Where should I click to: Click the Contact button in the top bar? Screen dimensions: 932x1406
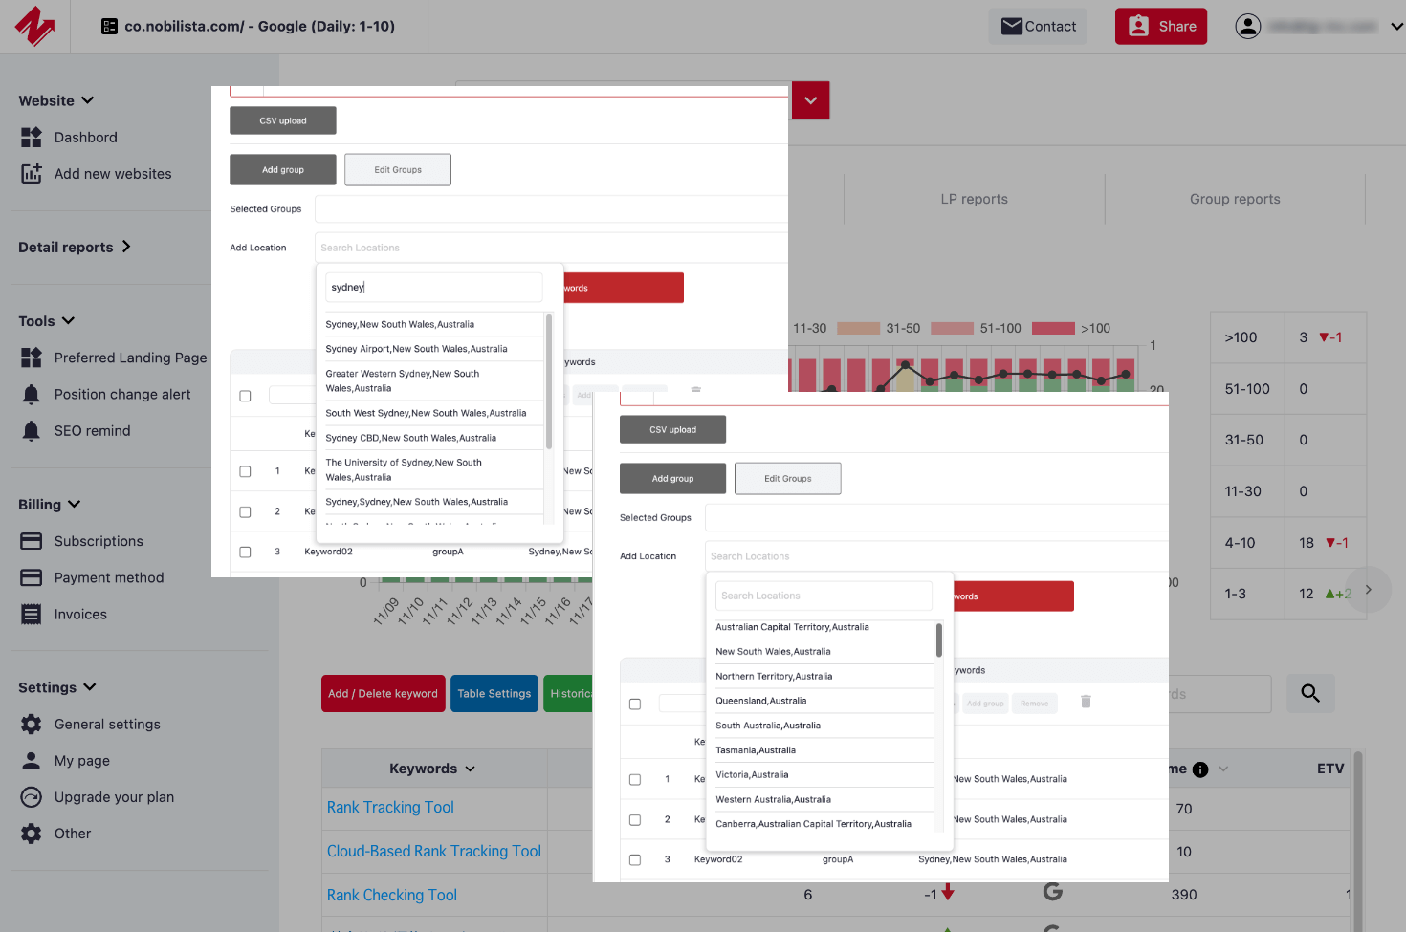click(x=1038, y=27)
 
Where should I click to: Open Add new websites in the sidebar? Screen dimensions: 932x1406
click(x=112, y=174)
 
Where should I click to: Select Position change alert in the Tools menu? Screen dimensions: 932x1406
click(x=121, y=395)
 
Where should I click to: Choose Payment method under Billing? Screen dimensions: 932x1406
click(x=108, y=578)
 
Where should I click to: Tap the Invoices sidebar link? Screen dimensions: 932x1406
click(x=80, y=615)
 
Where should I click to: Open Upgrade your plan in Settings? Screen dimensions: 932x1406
click(x=114, y=797)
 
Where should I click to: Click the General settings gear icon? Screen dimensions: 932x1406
click(x=32, y=725)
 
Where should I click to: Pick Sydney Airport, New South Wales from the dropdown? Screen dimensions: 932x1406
click(x=416, y=349)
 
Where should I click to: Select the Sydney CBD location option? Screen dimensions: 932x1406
click(x=410, y=438)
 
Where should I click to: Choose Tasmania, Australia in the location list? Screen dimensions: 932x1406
click(x=756, y=750)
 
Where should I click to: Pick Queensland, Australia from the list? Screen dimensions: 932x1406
click(x=761, y=701)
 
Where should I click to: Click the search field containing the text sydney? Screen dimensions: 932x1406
click(x=433, y=287)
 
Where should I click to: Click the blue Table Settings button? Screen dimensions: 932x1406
click(x=494, y=694)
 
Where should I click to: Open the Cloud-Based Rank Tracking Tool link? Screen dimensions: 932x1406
click(x=433, y=852)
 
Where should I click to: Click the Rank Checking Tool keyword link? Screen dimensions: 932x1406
click(x=391, y=896)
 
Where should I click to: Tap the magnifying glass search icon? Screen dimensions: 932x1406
click(x=1310, y=694)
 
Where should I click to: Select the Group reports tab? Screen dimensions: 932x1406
click(x=1234, y=199)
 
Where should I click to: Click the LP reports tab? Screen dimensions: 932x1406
click(x=974, y=199)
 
